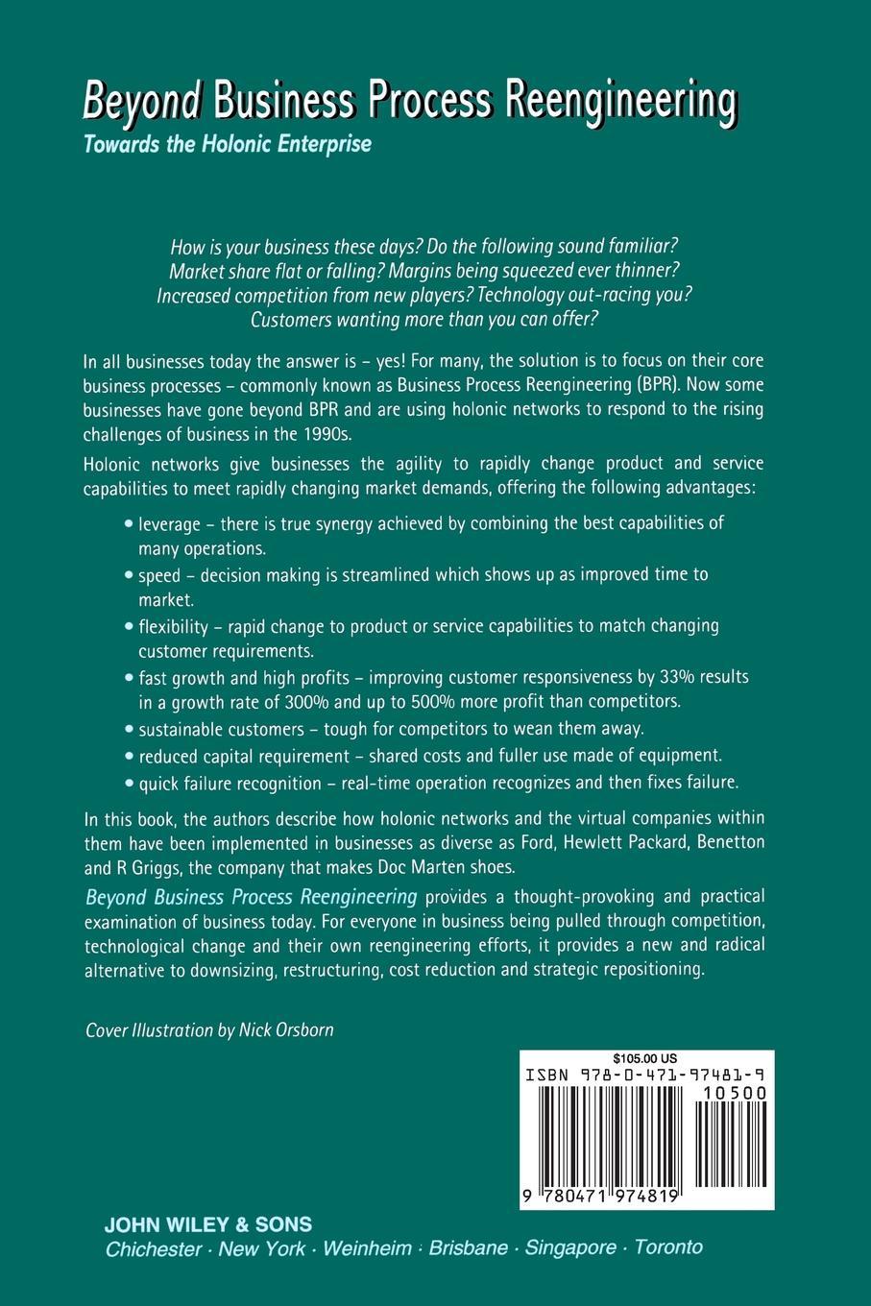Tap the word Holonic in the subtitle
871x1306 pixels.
[238, 145]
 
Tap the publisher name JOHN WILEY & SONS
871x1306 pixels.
[208, 1224]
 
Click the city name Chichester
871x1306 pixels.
[154, 1249]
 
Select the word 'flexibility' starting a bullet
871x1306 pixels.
[173, 626]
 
